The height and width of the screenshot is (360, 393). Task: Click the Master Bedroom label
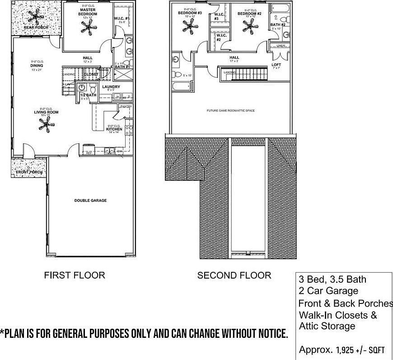tap(88, 12)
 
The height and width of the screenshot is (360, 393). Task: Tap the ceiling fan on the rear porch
tap(35, 17)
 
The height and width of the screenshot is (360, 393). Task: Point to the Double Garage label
tap(90, 200)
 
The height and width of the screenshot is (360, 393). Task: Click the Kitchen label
tap(114, 129)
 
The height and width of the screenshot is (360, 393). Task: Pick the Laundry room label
tap(111, 87)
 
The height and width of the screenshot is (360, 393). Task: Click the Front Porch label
tap(29, 172)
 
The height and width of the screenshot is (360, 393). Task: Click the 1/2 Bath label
tap(89, 95)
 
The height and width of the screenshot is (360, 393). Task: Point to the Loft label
tap(276, 65)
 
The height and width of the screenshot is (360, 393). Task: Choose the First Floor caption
tap(74, 275)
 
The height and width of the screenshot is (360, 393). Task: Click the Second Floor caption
tap(234, 275)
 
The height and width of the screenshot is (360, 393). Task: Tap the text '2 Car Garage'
tap(328, 291)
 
